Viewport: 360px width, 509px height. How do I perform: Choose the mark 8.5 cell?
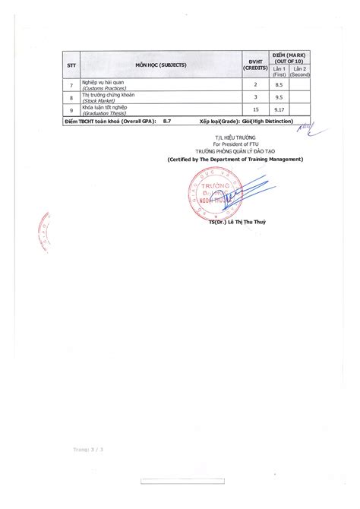click(279, 85)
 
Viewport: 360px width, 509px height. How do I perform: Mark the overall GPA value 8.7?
click(166, 120)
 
